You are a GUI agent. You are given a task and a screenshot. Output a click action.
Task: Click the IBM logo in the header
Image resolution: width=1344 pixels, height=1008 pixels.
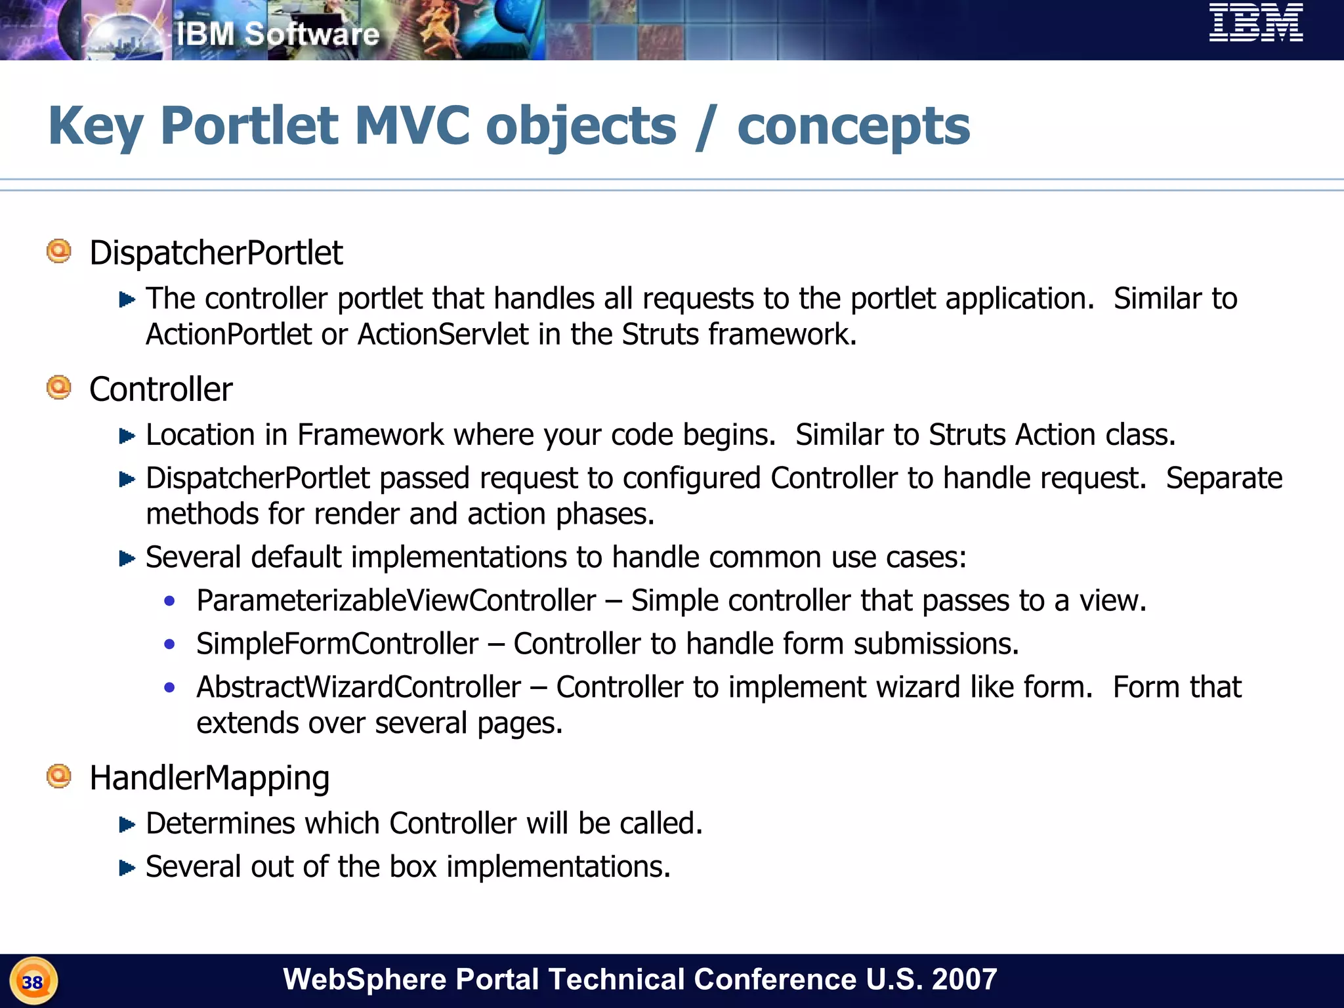coord(1255,23)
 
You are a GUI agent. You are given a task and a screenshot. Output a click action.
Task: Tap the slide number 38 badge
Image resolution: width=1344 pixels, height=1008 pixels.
coord(33,982)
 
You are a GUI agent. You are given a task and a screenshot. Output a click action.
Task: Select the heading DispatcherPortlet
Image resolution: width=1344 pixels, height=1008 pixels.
coord(216,253)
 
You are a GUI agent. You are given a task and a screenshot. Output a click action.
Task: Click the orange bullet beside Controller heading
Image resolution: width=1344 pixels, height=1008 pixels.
coord(59,387)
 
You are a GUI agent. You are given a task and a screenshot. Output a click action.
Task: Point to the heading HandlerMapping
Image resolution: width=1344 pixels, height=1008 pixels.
coord(209,778)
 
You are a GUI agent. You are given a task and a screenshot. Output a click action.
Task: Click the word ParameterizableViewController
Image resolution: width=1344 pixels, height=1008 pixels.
coord(396,600)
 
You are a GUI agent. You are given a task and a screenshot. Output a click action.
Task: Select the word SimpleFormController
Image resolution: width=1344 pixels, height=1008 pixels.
coord(337,644)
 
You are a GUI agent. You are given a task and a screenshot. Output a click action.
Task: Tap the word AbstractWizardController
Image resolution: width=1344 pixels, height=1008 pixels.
coord(359,687)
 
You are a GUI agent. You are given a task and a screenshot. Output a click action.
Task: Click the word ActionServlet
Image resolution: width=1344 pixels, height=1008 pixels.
coord(443,335)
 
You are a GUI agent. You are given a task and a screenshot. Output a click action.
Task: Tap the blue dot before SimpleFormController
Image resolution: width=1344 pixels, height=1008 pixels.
coord(170,644)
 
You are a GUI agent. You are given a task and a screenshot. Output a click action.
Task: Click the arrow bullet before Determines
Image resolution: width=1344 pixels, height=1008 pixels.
coord(127,825)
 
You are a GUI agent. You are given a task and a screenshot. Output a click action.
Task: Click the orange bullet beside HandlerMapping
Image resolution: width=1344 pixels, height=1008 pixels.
coord(59,776)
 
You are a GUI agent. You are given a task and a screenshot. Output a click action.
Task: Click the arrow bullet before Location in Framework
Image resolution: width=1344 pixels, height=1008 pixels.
coord(127,436)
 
